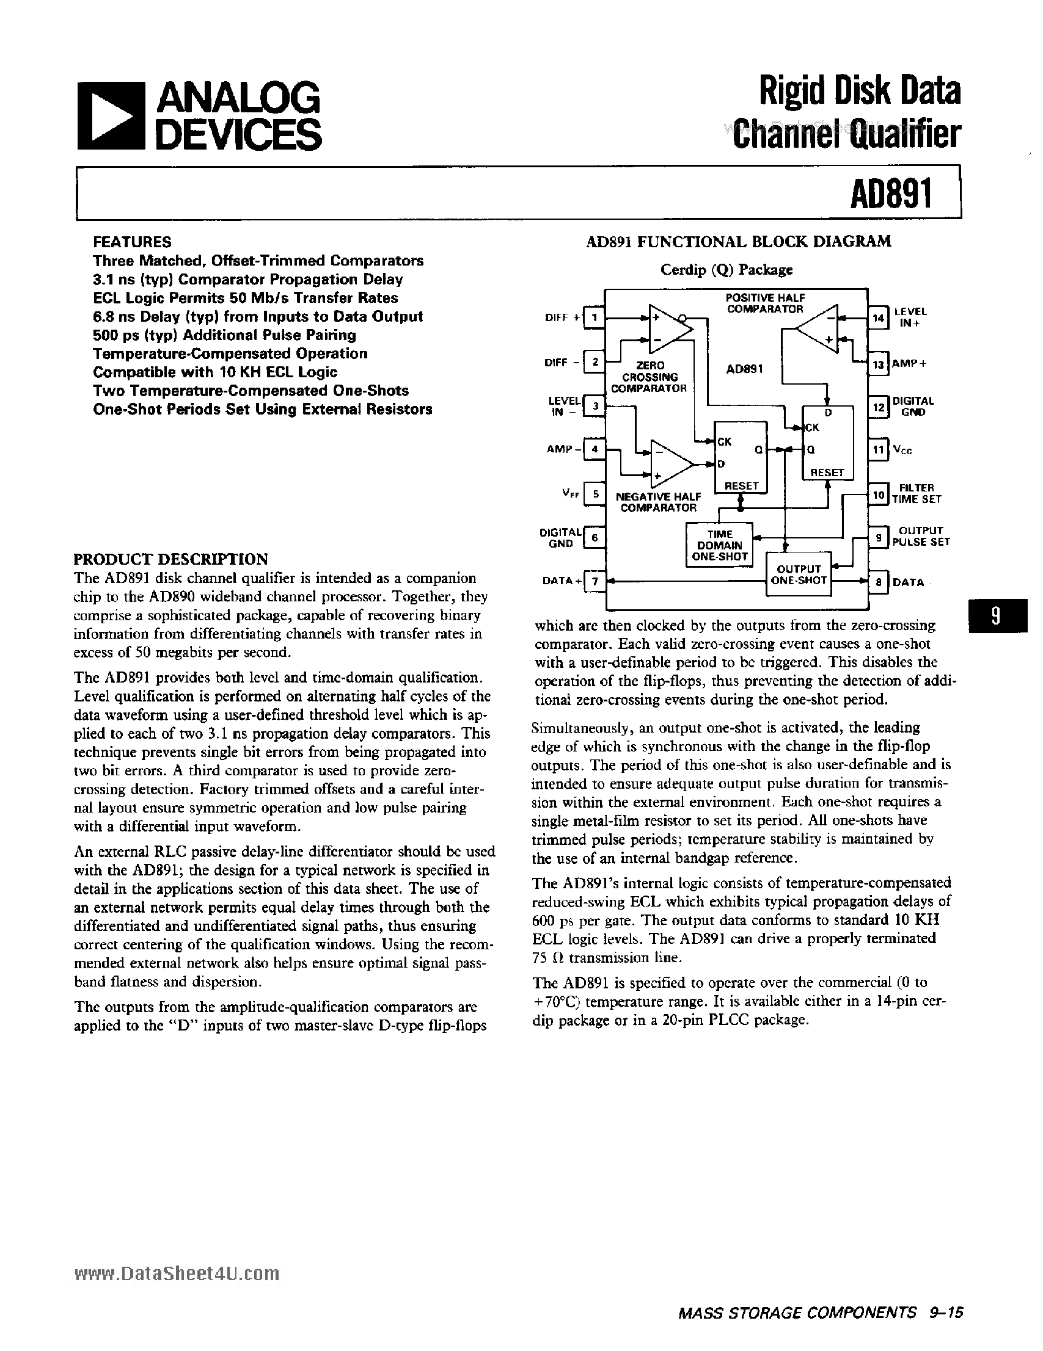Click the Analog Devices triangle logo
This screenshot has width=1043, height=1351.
[x=109, y=115]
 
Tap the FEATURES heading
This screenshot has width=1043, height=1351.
[x=132, y=242]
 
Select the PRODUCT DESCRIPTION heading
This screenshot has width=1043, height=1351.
[x=171, y=559]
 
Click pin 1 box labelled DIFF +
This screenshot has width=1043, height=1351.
[x=595, y=318]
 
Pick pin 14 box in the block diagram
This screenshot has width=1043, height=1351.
[x=878, y=318]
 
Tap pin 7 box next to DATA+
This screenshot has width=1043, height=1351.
[x=595, y=581]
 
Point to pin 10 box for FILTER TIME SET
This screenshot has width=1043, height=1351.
[x=878, y=494]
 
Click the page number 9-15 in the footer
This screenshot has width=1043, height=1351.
[x=946, y=1325]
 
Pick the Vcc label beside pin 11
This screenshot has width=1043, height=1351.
[x=902, y=451]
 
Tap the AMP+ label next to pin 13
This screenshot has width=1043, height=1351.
[x=909, y=364]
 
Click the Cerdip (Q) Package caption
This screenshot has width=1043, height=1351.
[x=726, y=270]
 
